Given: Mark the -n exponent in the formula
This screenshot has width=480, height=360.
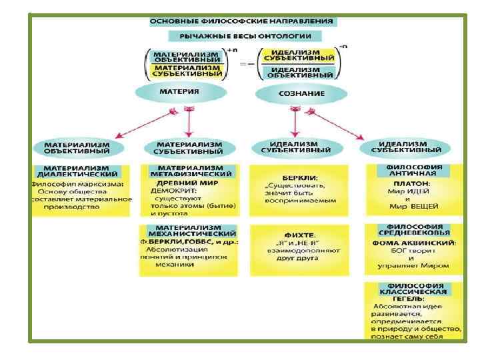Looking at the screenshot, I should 343,47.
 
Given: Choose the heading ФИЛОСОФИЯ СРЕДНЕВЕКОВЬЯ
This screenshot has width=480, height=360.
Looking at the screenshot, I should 416,229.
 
